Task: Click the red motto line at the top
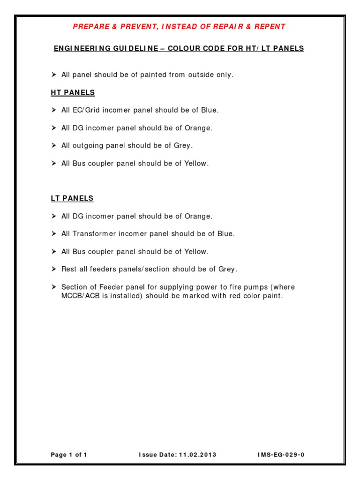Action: pos(179,27)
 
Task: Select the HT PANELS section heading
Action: pos(73,93)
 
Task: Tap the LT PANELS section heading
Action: pos(72,198)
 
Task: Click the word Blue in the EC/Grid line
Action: pos(210,110)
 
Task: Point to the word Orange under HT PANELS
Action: pos(199,128)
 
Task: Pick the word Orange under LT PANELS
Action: pos(199,216)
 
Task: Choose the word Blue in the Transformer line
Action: pos(225,234)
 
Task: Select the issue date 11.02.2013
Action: pos(197,455)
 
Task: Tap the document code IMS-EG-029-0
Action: pos(284,455)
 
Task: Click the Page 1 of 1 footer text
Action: pos(69,455)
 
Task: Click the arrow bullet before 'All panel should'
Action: pos(53,75)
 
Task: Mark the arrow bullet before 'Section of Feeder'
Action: pos(53,287)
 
